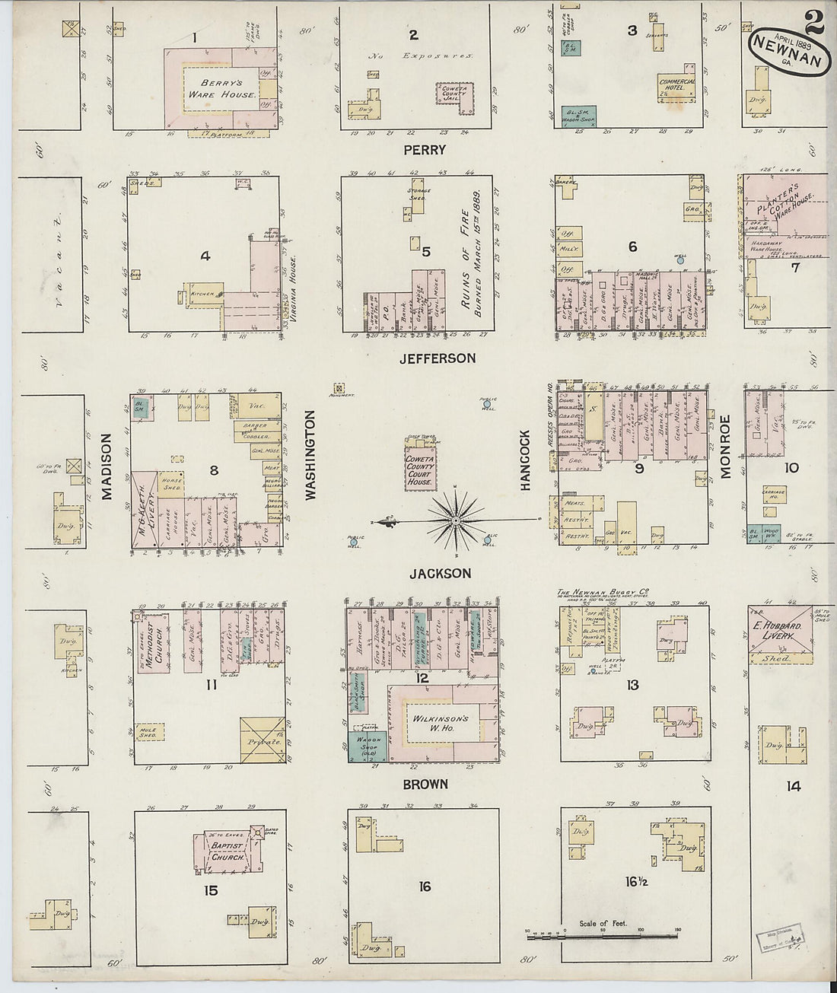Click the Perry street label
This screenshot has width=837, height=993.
tap(425, 150)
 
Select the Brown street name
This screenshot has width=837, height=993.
tap(425, 784)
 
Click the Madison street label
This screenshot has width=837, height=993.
tap(107, 467)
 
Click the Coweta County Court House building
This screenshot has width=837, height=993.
tap(419, 467)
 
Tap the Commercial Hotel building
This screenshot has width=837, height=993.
tap(677, 84)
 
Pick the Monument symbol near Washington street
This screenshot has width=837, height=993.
tap(339, 386)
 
